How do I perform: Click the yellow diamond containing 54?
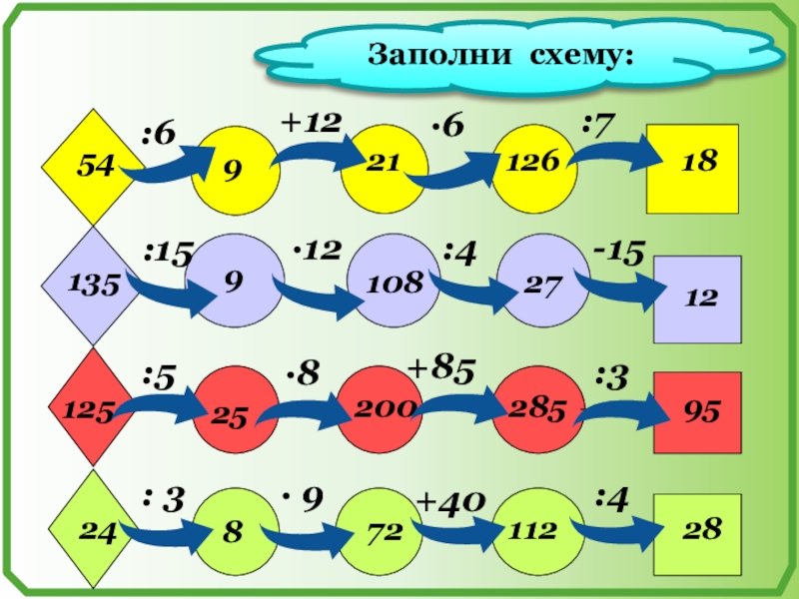(91, 167)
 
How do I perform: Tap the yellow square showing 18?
(692, 168)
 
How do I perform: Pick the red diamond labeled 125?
(91, 407)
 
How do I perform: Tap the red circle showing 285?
(535, 408)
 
